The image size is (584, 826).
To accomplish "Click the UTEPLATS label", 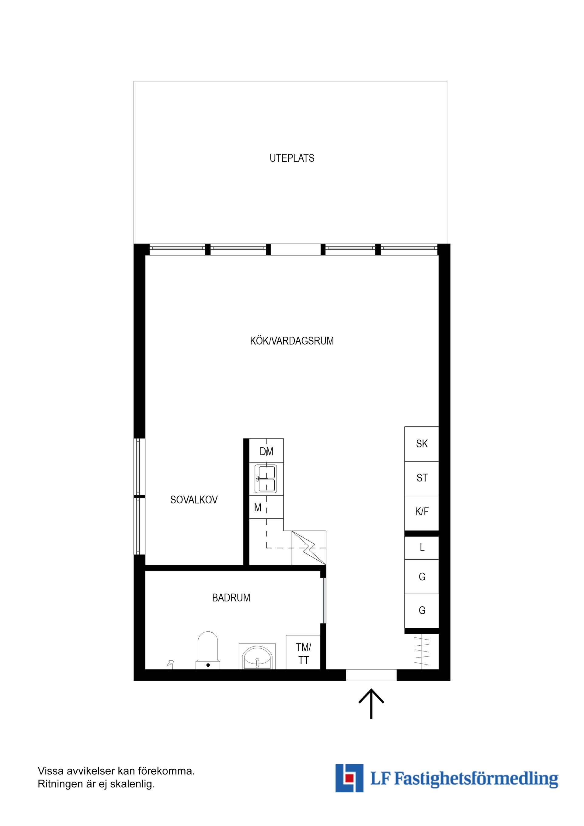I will click(x=292, y=158).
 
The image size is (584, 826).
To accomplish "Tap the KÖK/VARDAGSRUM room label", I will click(x=292, y=341).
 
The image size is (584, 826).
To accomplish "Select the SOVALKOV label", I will click(x=194, y=500).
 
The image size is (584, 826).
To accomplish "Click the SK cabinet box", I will click(x=422, y=444).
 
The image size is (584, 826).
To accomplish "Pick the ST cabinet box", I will click(x=422, y=478).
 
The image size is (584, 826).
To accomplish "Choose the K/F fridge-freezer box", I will click(x=422, y=512).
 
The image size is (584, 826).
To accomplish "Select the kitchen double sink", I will click(x=266, y=478).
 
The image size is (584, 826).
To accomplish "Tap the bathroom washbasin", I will click(x=257, y=657).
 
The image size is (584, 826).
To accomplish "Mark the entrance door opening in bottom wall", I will click(x=371, y=675).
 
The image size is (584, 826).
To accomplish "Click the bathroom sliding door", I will click(x=324, y=600).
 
